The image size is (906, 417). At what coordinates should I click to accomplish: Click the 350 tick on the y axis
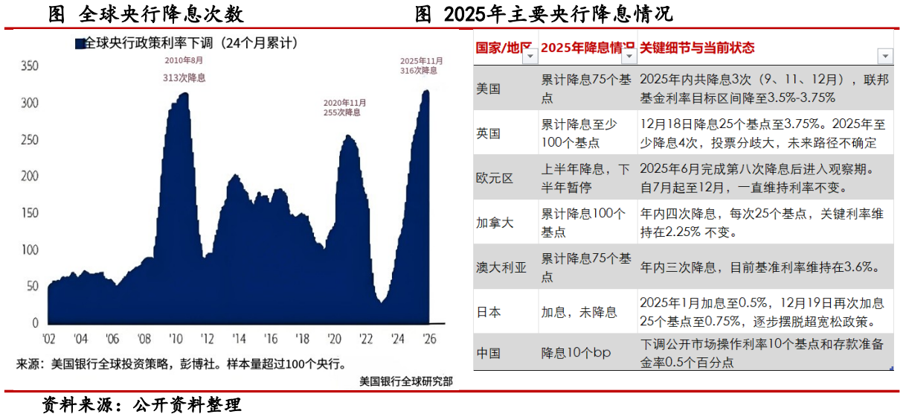click(x=28, y=66)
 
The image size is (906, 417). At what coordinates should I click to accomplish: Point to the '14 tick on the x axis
click(x=239, y=339)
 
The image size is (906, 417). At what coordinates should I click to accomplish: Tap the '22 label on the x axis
click(x=366, y=339)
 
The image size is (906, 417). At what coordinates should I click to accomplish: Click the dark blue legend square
click(x=80, y=44)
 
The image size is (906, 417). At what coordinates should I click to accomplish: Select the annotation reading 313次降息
click(x=184, y=77)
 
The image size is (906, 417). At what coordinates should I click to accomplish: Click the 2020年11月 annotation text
click(x=345, y=103)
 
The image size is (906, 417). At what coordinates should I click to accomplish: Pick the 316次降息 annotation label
click(x=420, y=70)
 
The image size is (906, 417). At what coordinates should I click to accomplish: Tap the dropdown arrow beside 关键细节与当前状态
click(x=884, y=57)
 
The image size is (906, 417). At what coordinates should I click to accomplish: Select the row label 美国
click(x=489, y=89)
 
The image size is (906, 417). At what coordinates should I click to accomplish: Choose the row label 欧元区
click(x=495, y=178)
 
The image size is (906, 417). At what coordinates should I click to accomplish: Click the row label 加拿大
click(x=495, y=223)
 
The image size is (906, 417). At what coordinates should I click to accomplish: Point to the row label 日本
click(x=489, y=312)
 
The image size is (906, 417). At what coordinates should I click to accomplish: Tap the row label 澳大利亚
click(x=501, y=267)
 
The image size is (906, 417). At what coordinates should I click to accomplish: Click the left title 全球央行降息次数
click(x=145, y=14)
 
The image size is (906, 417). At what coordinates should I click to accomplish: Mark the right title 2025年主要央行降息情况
click(x=543, y=14)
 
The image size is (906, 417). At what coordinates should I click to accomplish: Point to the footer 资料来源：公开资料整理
click(x=141, y=405)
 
